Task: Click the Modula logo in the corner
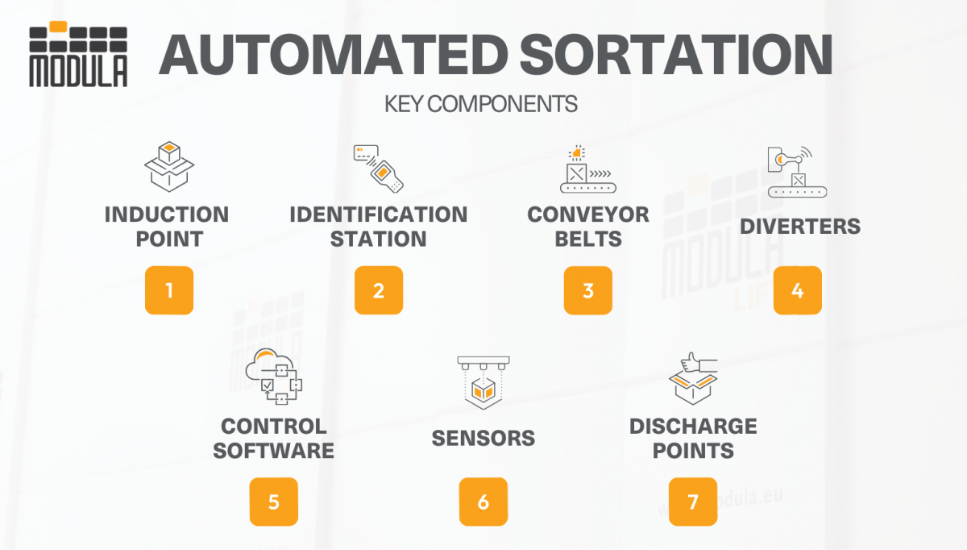78,55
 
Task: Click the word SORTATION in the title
677,55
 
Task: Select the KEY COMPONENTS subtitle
481,104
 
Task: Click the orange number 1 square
169,290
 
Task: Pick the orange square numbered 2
379,290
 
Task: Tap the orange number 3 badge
588,290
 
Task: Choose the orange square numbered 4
798,290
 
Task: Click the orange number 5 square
274,502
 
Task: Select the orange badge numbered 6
483,502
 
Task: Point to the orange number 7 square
693,502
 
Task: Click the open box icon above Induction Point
169,168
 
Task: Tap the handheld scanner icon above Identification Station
379,169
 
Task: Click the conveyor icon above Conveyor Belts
588,169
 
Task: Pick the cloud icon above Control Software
274,377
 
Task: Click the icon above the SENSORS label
483,381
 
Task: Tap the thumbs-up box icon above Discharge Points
693,379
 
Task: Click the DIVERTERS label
800,227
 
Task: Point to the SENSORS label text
483,438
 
